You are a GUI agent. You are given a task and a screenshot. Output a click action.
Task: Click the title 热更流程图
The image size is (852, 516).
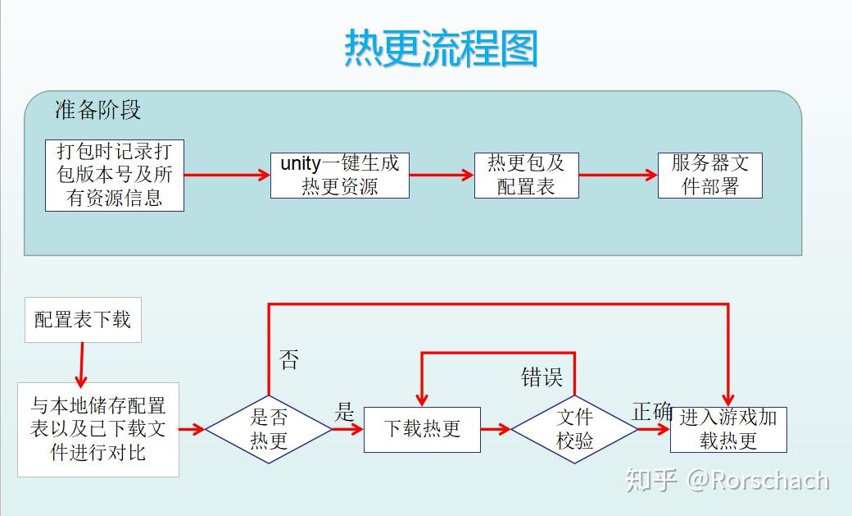pos(442,48)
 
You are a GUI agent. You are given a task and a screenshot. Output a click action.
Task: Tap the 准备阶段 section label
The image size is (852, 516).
pos(97,110)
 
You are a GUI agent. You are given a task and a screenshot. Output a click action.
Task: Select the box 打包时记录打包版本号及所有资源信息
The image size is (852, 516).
pos(115,176)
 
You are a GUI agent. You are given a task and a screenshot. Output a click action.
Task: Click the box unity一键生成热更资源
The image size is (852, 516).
pos(340,176)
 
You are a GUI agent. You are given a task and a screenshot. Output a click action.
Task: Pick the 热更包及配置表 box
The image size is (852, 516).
pos(527,176)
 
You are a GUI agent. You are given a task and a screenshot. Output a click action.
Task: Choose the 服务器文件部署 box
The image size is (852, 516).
pos(710,176)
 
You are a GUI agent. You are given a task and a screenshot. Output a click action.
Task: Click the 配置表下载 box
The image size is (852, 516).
pos(83,320)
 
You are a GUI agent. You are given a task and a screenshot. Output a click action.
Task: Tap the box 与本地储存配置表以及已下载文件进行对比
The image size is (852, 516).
pos(98,430)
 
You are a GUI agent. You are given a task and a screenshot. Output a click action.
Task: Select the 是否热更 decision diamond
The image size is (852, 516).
pos(269,430)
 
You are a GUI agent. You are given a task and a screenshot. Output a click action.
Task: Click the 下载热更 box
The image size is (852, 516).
pos(422,430)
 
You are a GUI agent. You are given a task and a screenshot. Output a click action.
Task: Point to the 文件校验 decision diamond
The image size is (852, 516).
pos(574,430)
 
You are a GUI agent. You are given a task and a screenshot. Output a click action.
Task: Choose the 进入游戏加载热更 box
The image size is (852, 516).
pos(728,430)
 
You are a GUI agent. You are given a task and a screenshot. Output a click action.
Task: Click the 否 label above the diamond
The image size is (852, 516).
pos(289,360)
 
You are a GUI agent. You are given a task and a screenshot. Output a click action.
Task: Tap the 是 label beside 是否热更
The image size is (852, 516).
pos(345,412)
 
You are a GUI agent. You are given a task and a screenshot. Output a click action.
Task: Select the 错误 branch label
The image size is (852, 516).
pos(542,377)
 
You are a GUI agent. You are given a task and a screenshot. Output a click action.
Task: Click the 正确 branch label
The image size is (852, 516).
pos(653,412)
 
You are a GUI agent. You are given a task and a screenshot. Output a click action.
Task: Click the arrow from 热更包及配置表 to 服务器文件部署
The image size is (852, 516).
pos(619,176)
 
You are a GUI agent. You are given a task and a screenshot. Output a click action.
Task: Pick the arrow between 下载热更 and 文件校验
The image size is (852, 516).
pos(496,430)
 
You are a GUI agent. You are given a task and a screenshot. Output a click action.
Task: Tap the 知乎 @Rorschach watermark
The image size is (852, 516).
pos(727,480)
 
